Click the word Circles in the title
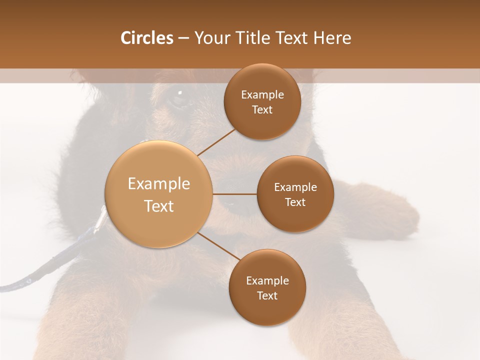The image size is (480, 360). pos(146,38)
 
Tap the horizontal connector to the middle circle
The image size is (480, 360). pos(235,194)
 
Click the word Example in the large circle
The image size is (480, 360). pos(159,184)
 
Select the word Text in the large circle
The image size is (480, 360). pos(159,206)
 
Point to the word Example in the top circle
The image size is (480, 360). pos(262,95)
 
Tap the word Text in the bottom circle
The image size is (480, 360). pos(267,295)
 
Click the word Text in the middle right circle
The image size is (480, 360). pos(295,202)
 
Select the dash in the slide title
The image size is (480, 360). pos(183,38)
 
